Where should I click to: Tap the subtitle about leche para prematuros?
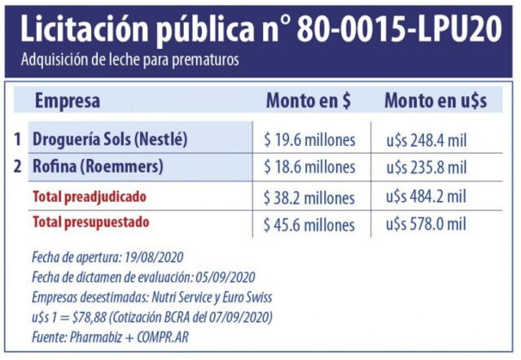point(130,61)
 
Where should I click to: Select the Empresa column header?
point(68,101)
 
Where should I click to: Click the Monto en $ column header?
point(309,101)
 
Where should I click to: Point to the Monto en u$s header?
point(436,101)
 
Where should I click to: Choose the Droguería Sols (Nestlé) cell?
point(110,139)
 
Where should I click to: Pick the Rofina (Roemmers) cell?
point(98,167)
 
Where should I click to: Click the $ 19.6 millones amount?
point(309,140)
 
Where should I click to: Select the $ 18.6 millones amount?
point(309,168)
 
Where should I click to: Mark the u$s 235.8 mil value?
point(427,168)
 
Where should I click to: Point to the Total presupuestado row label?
point(90,222)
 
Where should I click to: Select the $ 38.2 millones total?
point(309,197)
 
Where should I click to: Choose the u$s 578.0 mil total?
point(427,223)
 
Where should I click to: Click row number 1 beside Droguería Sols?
point(17,139)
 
